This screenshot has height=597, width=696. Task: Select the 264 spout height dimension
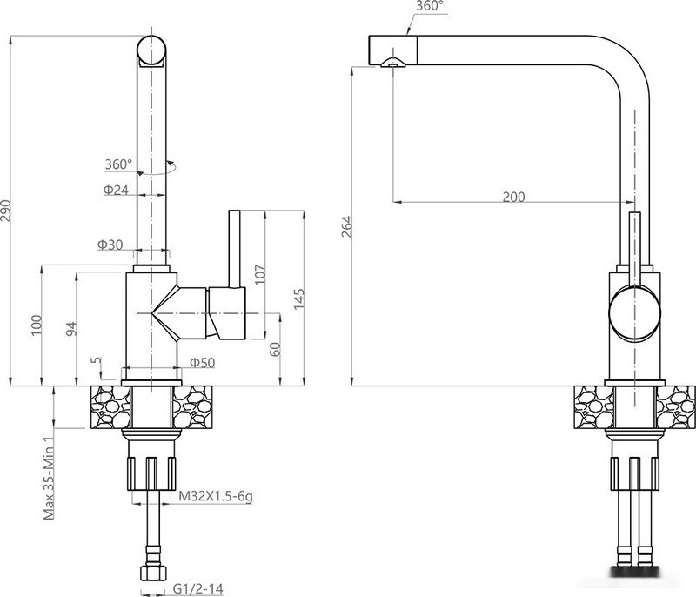click(x=345, y=228)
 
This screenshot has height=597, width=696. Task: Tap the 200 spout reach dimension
click(x=513, y=197)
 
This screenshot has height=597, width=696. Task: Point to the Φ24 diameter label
click(x=116, y=190)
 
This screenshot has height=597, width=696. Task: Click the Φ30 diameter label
click(x=111, y=245)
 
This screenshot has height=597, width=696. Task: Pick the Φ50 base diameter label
click(x=202, y=362)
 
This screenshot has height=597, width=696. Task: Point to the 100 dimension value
click(x=37, y=325)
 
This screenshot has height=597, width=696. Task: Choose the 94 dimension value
click(x=72, y=328)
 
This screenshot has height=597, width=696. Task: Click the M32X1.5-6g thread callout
click(x=216, y=497)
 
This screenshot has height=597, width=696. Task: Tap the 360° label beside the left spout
click(x=118, y=164)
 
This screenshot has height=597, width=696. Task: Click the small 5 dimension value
click(x=96, y=361)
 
